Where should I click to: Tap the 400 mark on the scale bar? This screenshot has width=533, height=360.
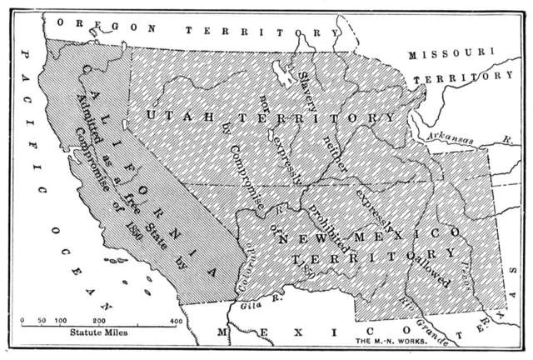[x=176, y=320]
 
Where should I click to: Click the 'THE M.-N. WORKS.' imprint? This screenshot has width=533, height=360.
[x=391, y=342]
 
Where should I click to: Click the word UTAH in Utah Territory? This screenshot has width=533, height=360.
[x=174, y=114]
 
